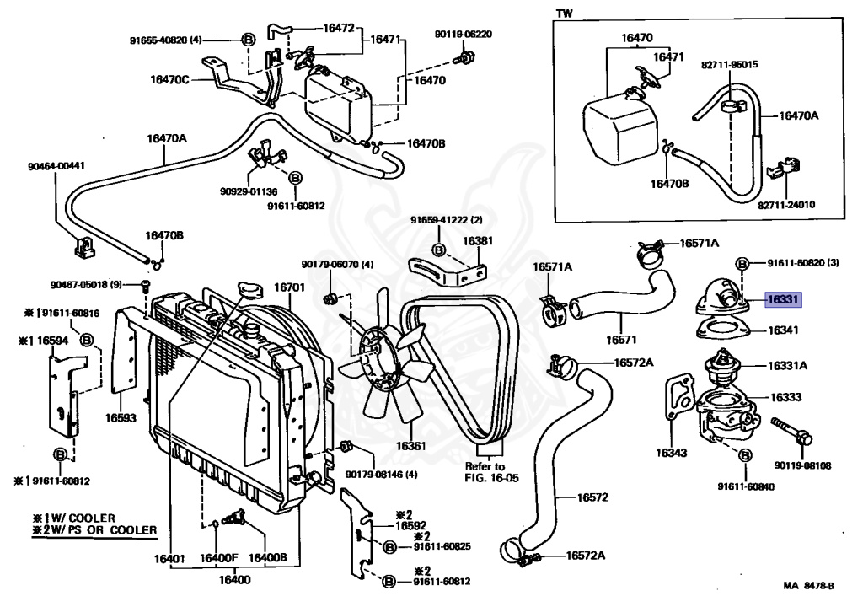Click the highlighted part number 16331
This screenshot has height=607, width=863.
783,299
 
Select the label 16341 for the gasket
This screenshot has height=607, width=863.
783,330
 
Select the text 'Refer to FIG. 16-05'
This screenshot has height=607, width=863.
485,472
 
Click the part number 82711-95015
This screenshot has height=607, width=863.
729,64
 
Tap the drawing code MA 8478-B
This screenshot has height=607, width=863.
807,586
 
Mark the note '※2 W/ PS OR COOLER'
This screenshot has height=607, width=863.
94,529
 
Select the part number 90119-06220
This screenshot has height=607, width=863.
463,34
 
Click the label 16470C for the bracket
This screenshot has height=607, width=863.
170,80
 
